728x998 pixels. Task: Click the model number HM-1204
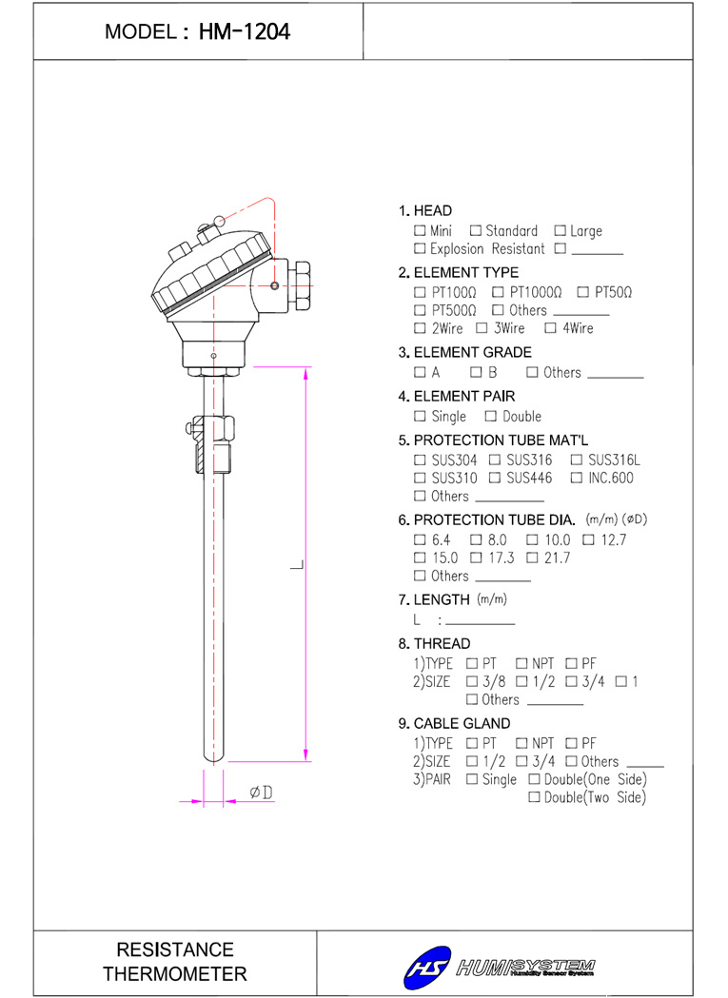click(x=244, y=31)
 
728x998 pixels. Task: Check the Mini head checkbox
click(x=419, y=230)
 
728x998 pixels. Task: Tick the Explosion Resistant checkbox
click(x=419, y=248)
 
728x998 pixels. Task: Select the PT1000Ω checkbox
click(x=498, y=292)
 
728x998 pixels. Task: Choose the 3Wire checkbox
click(x=482, y=328)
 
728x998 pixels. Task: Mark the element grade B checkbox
click(x=476, y=372)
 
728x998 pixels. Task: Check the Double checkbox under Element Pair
click(x=490, y=417)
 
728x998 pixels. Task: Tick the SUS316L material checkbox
click(x=577, y=460)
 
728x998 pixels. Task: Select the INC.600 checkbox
click(x=577, y=478)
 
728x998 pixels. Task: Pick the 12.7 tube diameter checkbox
click(x=588, y=539)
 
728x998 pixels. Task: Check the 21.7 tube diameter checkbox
click(x=533, y=558)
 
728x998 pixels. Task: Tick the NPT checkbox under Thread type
click(x=521, y=663)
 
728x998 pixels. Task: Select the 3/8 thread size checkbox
click(x=472, y=681)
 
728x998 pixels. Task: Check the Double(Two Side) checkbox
click(x=535, y=797)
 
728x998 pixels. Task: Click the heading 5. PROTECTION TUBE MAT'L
click(x=493, y=440)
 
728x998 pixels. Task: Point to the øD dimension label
click(x=261, y=793)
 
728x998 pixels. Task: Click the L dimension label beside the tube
click(x=297, y=564)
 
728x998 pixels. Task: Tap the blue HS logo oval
click(x=427, y=968)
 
